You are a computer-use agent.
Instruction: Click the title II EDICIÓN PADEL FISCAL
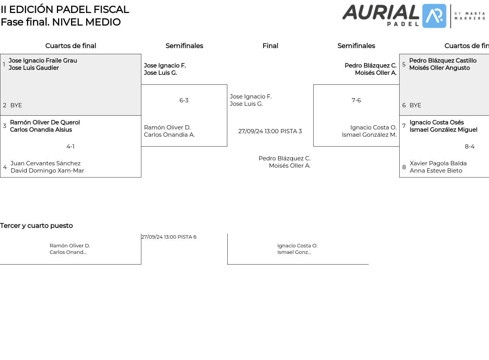(65, 10)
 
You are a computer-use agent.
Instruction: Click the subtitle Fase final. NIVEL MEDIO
(61, 22)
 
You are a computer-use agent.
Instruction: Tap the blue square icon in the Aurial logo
(434, 16)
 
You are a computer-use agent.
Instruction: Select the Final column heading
(270, 46)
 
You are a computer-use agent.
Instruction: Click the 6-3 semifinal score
(184, 100)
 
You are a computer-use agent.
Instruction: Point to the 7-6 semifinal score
(356, 100)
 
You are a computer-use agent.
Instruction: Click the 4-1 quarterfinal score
(70, 147)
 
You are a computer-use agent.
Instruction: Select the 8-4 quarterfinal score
(470, 147)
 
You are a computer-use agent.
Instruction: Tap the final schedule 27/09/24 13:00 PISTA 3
(270, 131)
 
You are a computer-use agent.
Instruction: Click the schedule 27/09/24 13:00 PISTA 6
(169, 237)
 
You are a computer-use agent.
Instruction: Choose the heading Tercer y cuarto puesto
(36, 226)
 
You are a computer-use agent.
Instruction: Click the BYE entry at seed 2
(16, 105)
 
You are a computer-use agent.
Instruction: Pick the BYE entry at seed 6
(415, 105)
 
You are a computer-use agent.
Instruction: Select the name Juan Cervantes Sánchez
(45, 163)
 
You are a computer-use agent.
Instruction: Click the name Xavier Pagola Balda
(438, 163)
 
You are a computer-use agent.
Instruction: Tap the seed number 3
(5, 126)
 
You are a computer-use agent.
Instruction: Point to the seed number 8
(404, 167)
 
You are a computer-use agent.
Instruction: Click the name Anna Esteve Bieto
(436, 171)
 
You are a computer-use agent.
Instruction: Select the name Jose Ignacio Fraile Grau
(43, 61)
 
